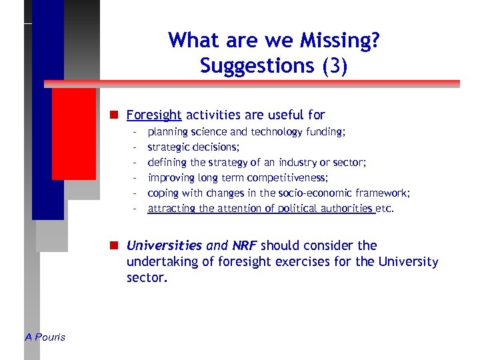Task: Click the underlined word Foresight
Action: [x=154, y=115]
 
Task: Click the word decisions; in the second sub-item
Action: [x=217, y=147]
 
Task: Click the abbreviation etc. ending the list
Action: [x=385, y=208]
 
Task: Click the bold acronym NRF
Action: [x=244, y=245]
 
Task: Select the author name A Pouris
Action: [x=45, y=337]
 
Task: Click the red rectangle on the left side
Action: [x=73, y=133]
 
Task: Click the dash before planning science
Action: [x=135, y=132]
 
